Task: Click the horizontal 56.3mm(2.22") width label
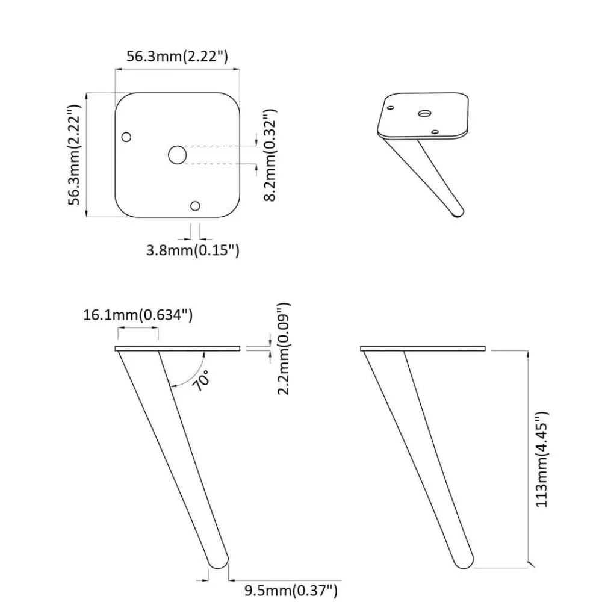[x=177, y=56]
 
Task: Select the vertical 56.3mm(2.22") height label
[x=74, y=155]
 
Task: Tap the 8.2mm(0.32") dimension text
[x=270, y=155]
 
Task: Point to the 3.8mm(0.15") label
[x=193, y=250]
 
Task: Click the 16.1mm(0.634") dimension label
[x=138, y=315]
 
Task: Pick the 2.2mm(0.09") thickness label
[x=284, y=349]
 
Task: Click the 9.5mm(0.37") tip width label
[x=291, y=591]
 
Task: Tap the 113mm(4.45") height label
[x=542, y=459]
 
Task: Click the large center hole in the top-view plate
[x=178, y=155]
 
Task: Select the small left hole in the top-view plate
[x=126, y=137]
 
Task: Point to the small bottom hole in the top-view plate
[x=195, y=206]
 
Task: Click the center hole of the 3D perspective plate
[x=424, y=114]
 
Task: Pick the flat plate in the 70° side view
[x=178, y=349]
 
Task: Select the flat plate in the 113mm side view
[x=423, y=349]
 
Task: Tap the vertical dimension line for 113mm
[x=529, y=458]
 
